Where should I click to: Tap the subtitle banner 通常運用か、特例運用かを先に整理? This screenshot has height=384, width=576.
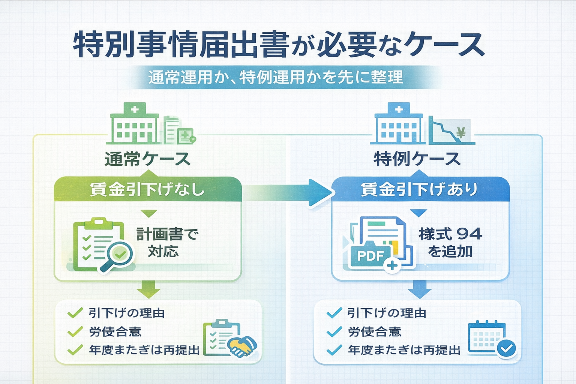coord(276,77)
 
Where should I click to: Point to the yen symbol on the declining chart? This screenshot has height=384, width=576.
coord(461,132)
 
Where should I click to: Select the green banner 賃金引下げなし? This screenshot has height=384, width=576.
coord(148,189)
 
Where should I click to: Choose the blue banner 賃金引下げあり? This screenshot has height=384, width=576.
coord(419,189)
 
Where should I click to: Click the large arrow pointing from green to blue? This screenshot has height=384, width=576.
coord(292,192)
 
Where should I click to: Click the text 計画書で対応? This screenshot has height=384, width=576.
coord(166,243)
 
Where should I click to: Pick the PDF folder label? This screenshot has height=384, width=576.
coord(370,256)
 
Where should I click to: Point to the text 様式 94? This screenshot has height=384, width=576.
coord(450,234)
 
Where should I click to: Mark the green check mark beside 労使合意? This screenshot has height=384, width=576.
coord(75,331)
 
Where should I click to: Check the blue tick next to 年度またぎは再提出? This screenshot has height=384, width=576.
coord(334,350)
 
